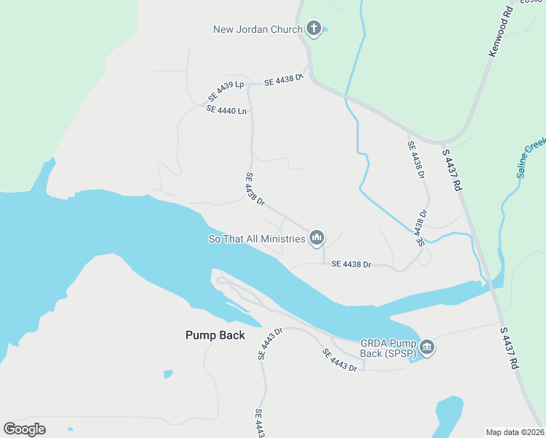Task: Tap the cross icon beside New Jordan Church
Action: point(313,29)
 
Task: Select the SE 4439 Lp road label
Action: point(226,86)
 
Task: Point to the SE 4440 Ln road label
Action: point(227,109)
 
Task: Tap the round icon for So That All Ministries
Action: point(317,237)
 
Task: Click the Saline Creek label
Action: point(531,158)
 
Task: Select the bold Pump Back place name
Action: point(215,335)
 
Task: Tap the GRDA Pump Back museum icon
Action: point(427,347)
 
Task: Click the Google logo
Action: point(24,429)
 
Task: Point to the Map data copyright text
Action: point(515,431)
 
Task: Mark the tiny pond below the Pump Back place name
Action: point(169,374)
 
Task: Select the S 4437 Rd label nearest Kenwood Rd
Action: point(453,171)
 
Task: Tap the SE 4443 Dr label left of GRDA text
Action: point(340,360)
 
